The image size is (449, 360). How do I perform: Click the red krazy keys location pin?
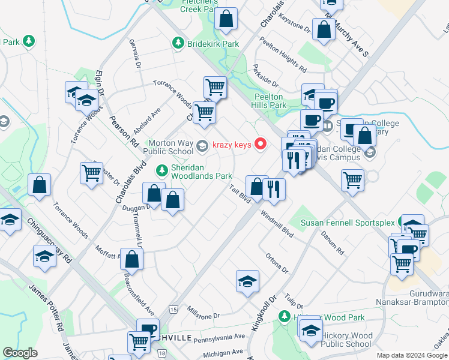point(261,143)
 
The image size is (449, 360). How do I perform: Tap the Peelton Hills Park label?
point(269,101)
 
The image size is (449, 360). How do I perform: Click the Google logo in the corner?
point(20,353)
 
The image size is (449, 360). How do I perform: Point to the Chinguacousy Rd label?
point(49,240)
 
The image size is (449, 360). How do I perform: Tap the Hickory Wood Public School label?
point(347,340)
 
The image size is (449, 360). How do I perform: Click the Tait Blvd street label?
point(240,194)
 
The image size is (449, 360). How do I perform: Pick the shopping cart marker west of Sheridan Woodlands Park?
point(91,173)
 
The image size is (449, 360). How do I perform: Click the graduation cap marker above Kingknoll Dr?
point(247,281)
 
